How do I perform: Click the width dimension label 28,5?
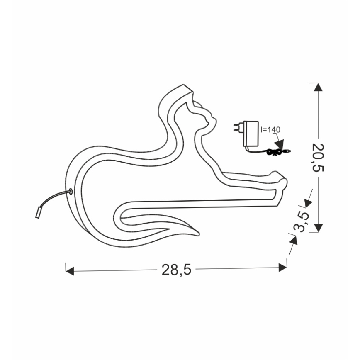[x=176, y=270]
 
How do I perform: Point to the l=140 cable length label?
[x=271, y=129]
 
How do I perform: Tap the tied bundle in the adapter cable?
[x=272, y=153]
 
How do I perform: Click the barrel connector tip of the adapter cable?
[x=288, y=151]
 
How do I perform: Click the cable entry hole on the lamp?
[x=70, y=192]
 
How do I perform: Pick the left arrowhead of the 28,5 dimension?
[x=70, y=271]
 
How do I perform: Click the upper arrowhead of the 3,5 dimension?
[x=307, y=203]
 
